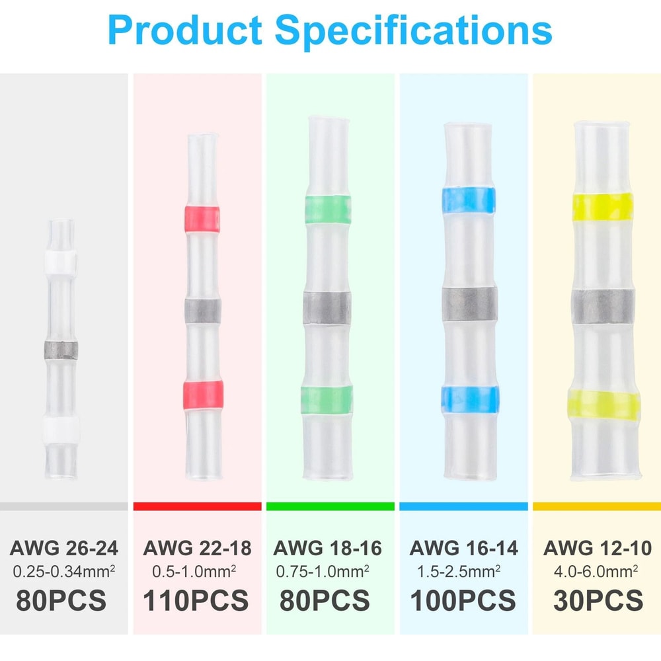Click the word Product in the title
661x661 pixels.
point(185,30)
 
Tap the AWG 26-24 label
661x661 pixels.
point(63,548)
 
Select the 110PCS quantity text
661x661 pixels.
point(196,600)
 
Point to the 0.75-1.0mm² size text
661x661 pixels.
point(323,571)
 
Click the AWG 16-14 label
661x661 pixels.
point(463,548)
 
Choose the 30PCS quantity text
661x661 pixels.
point(598,600)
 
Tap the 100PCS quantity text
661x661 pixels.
point(463,600)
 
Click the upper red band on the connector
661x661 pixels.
point(202,219)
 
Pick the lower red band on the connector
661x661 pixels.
point(203,394)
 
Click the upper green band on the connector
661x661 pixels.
point(328,210)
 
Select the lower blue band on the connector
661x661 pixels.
point(469,400)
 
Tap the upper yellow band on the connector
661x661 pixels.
point(603,206)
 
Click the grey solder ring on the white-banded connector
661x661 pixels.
point(61,350)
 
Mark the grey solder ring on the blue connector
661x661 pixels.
point(469,304)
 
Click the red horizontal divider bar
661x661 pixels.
point(197,506)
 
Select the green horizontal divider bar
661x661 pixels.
point(330,506)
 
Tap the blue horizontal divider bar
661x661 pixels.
point(464,506)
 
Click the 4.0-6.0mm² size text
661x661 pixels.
point(596,571)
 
